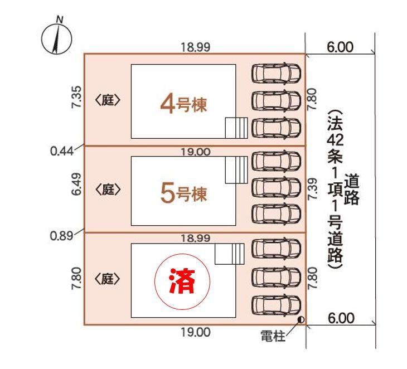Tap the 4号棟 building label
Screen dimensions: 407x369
[183, 104]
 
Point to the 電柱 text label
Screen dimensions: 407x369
[273, 337]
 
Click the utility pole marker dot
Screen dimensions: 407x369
[301, 320]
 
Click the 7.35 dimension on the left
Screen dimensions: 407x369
[78, 98]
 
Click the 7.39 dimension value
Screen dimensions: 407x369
[313, 190]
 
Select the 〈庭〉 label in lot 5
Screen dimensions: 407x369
[108, 190]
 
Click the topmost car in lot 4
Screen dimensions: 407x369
[277, 72]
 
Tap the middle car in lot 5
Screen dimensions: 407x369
[277, 187]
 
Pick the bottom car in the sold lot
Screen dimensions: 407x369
[277, 304]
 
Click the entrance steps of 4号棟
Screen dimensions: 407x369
[236, 128]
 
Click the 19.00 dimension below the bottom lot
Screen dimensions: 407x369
[195, 333]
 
